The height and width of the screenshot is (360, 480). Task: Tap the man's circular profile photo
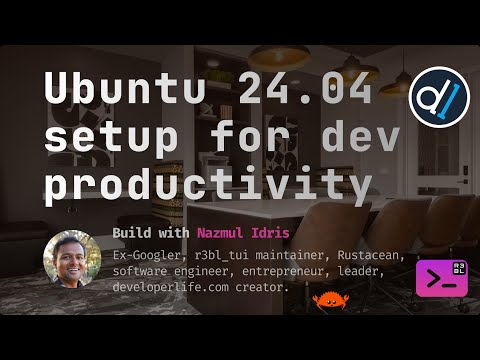[x=70, y=258]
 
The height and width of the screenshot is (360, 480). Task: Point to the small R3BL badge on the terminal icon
[x=459, y=267]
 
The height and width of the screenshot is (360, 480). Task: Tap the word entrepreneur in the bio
[x=287, y=271]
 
